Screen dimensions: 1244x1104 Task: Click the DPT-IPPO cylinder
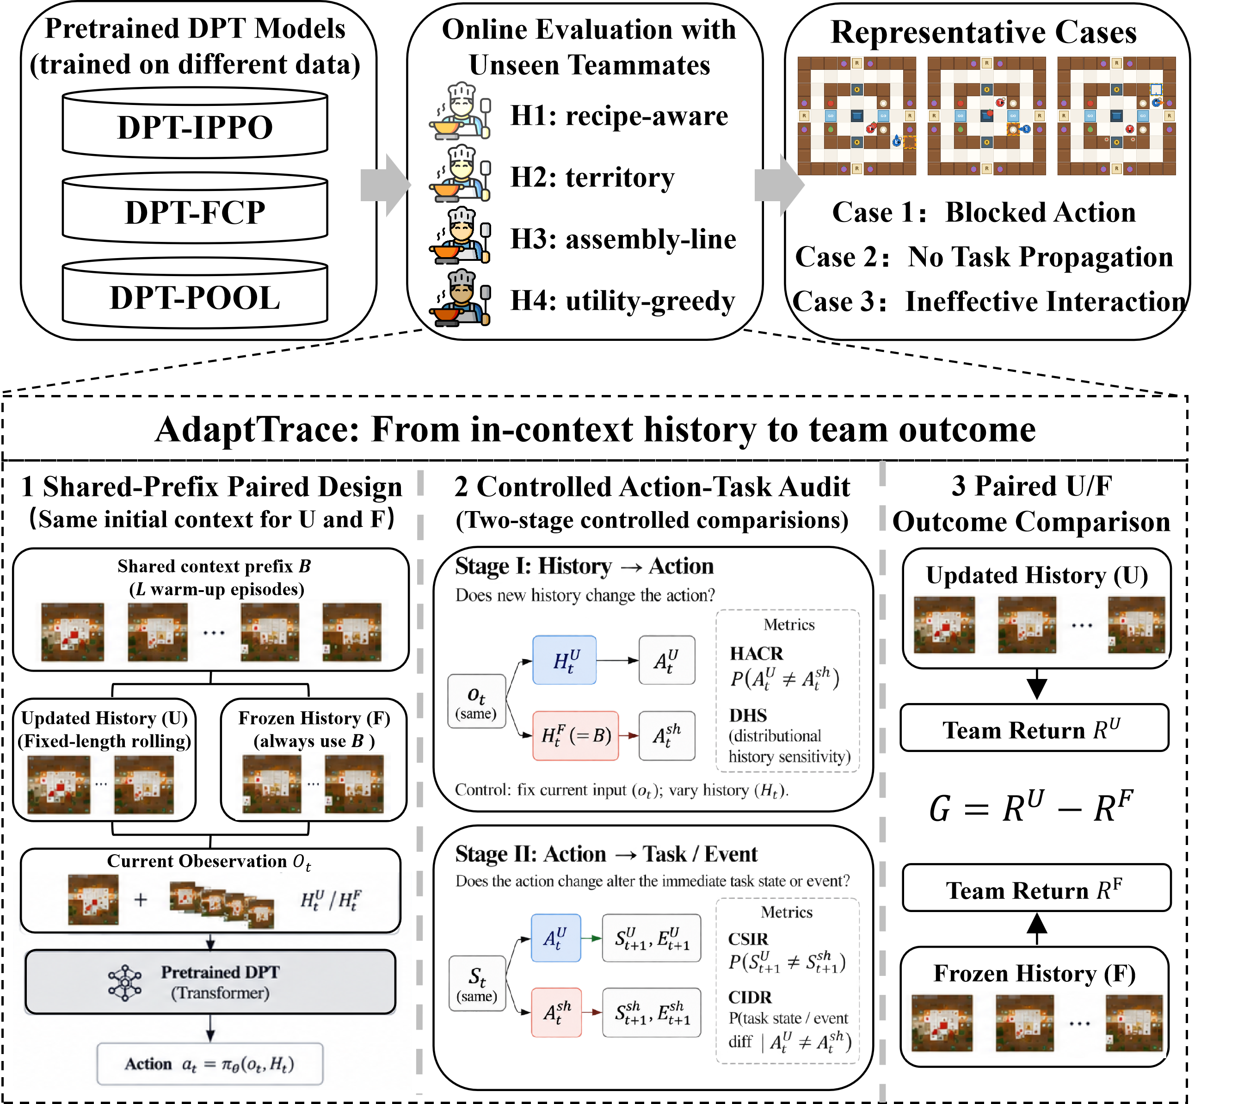click(x=195, y=123)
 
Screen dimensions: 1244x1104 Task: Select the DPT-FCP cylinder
click(x=195, y=208)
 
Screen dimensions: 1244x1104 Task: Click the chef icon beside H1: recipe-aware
click(x=460, y=111)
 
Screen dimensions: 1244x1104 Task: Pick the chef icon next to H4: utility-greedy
click(x=460, y=298)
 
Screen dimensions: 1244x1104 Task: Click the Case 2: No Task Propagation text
click(x=984, y=257)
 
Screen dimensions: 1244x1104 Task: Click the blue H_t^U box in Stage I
click(x=564, y=660)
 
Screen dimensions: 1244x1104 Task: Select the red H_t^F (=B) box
click(x=575, y=736)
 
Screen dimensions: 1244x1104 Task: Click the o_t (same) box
click(x=476, y=702)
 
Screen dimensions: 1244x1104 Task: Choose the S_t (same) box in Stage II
click(x=477, y=983)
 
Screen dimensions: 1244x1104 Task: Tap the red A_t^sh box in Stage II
click(x=556, y=1012)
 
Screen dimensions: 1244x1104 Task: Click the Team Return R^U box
click(x=1035, y=728)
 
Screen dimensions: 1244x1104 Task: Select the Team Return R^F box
click(x=1036, y=888)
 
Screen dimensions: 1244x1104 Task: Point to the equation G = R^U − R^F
click(x=1031, y=808)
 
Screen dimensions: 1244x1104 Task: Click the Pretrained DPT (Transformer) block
click(x=210, y=982)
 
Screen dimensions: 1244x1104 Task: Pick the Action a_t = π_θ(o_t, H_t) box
click(x=210, y=1064)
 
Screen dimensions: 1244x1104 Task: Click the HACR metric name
click(x=757, y=653)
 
